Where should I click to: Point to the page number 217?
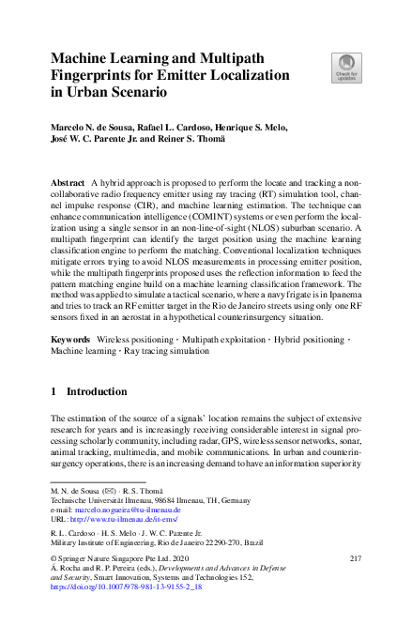pos(355,558)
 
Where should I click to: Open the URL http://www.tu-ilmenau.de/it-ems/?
pos(123,519)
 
